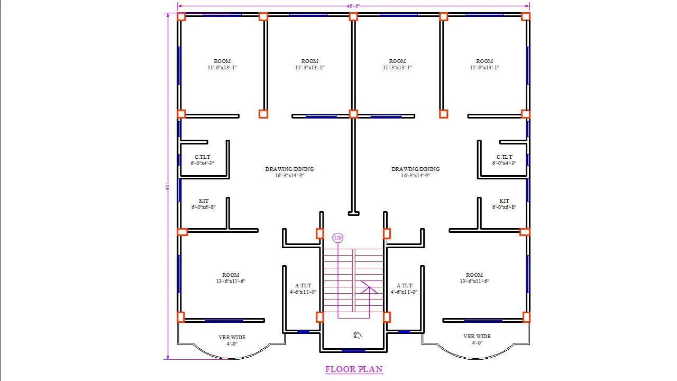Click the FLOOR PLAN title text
[354, 369]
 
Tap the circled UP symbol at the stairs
[338, 238]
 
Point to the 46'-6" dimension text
[353, 6]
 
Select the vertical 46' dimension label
[167, 187]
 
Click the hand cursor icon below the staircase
[358, 334]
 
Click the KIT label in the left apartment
[204, 201]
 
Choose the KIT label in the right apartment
[504, 201]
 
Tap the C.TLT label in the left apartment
[203, 157]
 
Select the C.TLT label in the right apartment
[504, 157]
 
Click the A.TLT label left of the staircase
[303, 286]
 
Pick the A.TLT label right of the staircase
[405, 286]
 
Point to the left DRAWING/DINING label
[289, 169]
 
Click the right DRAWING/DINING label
[416, 169]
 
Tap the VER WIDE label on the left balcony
[232, 337]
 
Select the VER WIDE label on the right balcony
[477, 336]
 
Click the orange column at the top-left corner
[181, 17]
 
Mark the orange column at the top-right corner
[526, 17]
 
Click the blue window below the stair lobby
[353, 350]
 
